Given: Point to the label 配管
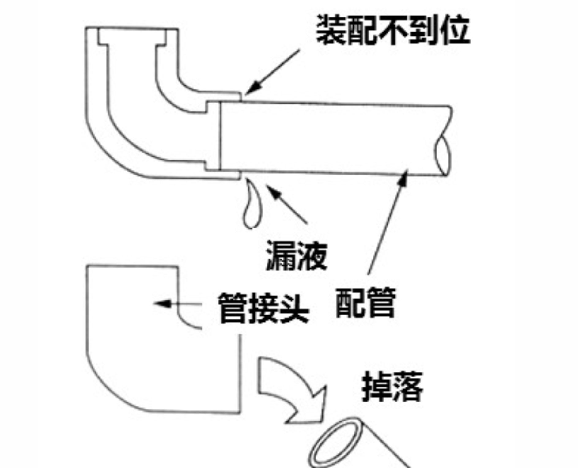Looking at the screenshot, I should click(x=365, y=303).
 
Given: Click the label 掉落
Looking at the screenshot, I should click(x=392, y=387).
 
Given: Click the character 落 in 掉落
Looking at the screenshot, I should click(x=407, y=387).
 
